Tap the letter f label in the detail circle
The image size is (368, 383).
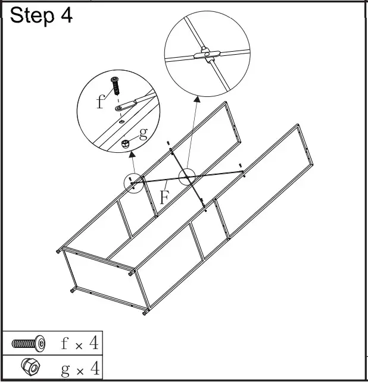click(x=100, y=102)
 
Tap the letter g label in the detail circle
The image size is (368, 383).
click(x=143, y=133)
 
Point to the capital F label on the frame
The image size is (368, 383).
click(x=164, y=197)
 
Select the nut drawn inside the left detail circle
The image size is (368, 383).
click(x=126, y=143)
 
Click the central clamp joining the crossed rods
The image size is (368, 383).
click(x=207, y=56)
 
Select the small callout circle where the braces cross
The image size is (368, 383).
click(x=187, y=177)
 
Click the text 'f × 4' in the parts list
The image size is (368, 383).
click(x=80, y=343)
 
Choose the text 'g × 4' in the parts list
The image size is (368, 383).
click(x=80, y=368)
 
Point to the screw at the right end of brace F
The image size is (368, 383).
click(x=239, y=166)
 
